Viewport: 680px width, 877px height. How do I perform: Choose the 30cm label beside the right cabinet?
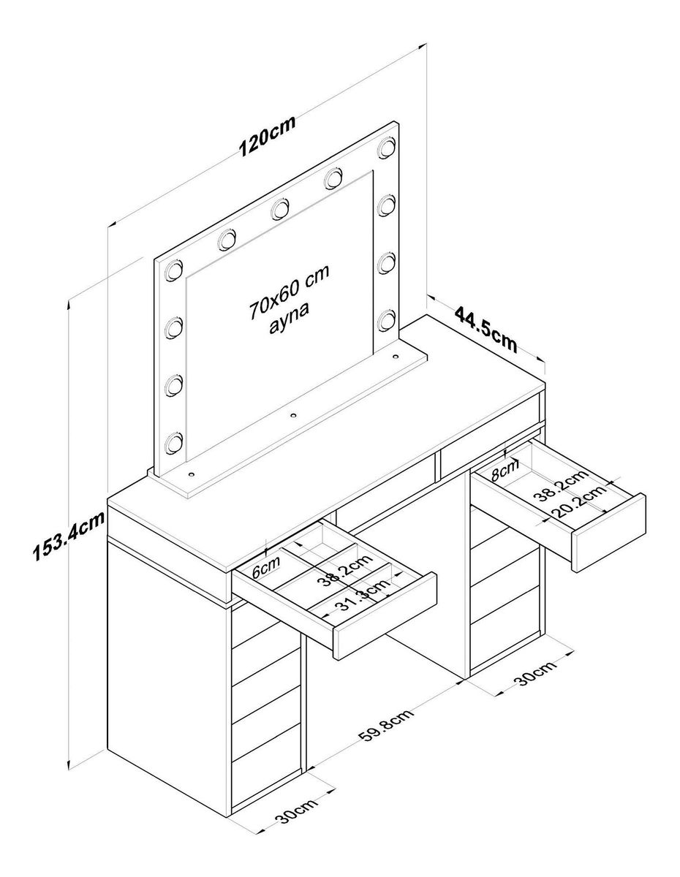(x=536, y=674)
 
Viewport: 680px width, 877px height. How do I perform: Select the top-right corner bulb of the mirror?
(x=387, y=147)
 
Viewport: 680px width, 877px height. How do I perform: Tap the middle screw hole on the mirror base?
(x=294, y=415)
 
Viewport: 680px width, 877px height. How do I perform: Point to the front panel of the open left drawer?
(x=385, y=615)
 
